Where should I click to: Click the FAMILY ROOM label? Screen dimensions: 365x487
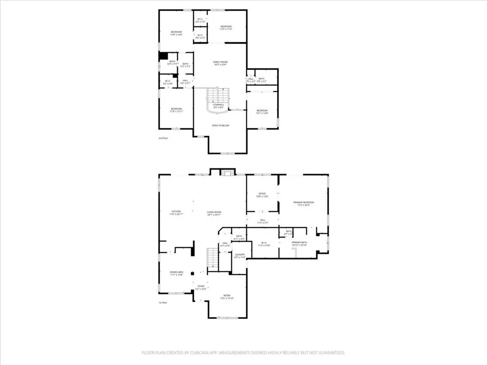[220, 62]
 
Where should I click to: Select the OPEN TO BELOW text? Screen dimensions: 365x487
[220, 125]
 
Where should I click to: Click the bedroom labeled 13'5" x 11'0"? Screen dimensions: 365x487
[225, 27]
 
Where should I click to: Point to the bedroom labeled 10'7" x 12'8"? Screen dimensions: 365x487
[263, 111]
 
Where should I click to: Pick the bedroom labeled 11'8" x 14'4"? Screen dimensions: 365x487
[176, 32]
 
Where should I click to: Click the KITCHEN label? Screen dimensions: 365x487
[176, 212]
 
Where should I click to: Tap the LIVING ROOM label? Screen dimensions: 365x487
[214, 212]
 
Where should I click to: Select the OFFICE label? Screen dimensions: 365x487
[262, 194]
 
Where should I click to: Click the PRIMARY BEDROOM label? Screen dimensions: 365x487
[303, 203]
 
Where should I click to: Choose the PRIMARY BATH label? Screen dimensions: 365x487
[299, 243]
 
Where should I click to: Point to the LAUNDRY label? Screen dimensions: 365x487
[240, 255]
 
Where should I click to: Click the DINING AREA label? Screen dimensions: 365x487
[176, 272]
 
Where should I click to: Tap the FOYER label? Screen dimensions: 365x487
[201, 286]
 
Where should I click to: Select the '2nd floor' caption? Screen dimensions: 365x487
[163, 138]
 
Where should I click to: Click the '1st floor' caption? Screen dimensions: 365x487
[163, 302]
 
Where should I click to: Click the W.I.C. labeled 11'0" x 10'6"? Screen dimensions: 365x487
[263, 243]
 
